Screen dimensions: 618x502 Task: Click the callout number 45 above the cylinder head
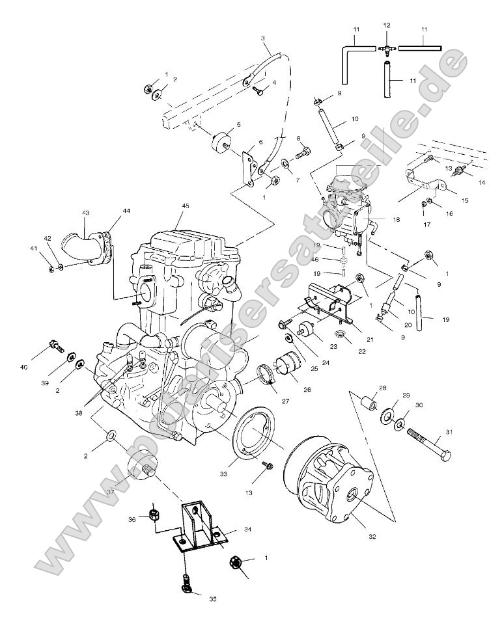[186, 206]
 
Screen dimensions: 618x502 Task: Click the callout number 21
[353, 339]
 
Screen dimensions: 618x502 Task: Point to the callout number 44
[124, 211]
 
